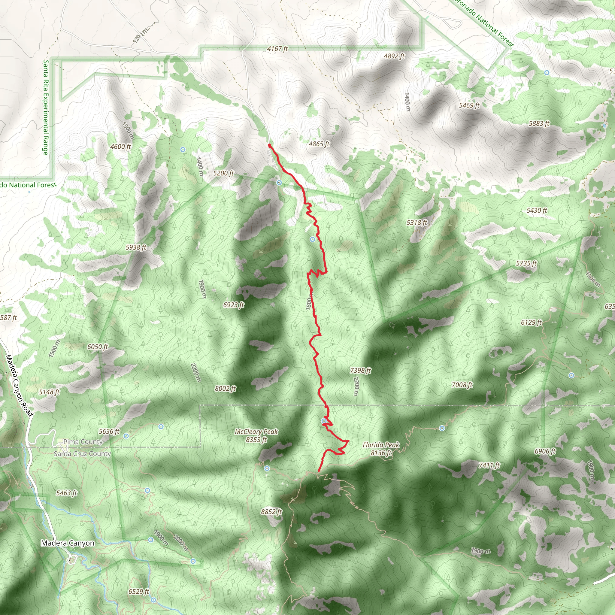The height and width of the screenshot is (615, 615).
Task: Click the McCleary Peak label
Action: coord(256,435)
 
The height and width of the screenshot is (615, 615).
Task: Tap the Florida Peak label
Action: coord(381,449)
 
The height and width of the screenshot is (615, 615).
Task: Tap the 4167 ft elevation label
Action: coord(277,49)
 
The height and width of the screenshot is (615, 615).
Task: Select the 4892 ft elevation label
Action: coord(394,56)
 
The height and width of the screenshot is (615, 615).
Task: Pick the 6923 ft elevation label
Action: coord(234,304)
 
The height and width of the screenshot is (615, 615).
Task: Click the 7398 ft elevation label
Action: coord(360,370)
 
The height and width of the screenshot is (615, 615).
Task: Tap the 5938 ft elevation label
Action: coord(136,247)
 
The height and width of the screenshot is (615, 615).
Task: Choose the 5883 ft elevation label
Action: coord(539,123)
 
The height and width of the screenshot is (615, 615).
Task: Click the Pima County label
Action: coord(83,441)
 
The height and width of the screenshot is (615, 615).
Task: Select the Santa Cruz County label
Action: coord(82,454)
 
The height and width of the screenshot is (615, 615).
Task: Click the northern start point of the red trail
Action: coord(270,145)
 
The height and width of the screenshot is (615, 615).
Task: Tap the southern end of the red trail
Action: coord(319,471)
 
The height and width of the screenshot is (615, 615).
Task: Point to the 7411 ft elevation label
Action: coord(489,465)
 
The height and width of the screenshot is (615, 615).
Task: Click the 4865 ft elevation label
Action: coord(319,144)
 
